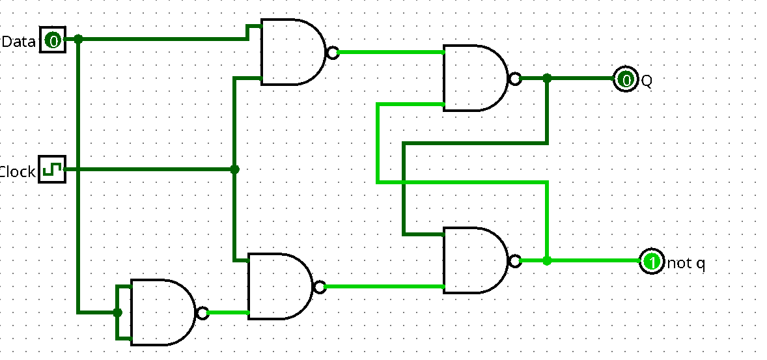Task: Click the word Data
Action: tap(18, 42)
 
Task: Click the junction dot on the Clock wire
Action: tap(235, 169)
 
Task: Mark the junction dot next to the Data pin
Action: tap(78, 39)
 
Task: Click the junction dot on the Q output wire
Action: tap(547, 78)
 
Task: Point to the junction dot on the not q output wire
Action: tap(547, 260)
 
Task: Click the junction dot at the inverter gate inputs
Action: tap(117, 312)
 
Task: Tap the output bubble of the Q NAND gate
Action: tap(515, 79)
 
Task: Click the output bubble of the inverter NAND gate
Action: tap(202, 313)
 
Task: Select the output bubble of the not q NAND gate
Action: tap(515, 261)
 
